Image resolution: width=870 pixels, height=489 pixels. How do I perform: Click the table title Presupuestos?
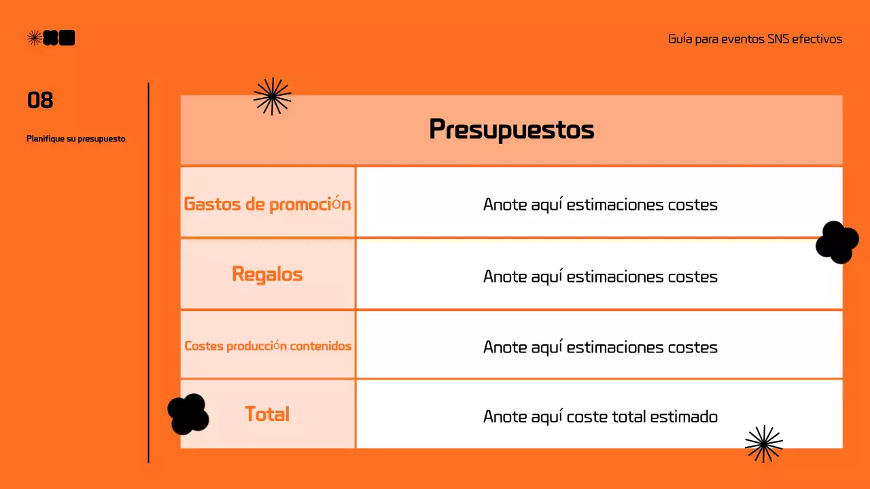[x=511, y=129]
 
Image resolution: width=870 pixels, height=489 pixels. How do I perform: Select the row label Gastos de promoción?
[x=267, y=204]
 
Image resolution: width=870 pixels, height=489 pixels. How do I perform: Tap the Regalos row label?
[x=267, y=274]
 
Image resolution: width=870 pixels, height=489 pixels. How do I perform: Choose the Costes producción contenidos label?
[x=268, y=346]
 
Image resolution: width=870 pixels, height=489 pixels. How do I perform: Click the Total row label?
[x=267, y=414]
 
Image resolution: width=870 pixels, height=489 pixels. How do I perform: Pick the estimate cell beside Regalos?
[x=599, y=276]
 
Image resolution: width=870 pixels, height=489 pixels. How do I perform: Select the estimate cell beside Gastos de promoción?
[x=599, y=204]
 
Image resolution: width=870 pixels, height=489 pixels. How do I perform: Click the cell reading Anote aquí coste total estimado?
[x=599, y=416]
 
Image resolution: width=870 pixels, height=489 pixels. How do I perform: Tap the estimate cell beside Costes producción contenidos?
[x=599, y=347]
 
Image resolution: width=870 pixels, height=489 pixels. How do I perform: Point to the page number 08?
[x=40, y=101]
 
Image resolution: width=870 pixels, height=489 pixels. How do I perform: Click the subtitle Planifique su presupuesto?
[x=76, y=139]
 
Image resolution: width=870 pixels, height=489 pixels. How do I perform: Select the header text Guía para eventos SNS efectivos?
[x=755, y=39]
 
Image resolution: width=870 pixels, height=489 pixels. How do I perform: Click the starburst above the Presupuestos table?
[x=272, y=96]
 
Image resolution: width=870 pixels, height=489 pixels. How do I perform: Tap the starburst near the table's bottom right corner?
[x=763, y=443]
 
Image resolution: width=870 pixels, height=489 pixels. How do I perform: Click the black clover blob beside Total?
[x=188, y=414]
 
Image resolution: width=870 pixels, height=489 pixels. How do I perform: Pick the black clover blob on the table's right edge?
[x=837, y=242]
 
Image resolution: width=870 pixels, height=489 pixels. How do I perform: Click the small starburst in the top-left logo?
[x=34, y=38]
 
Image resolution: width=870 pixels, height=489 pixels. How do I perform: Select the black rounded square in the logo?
[x=67, y=38]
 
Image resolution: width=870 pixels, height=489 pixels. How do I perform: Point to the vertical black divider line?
[x=148, y=272]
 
